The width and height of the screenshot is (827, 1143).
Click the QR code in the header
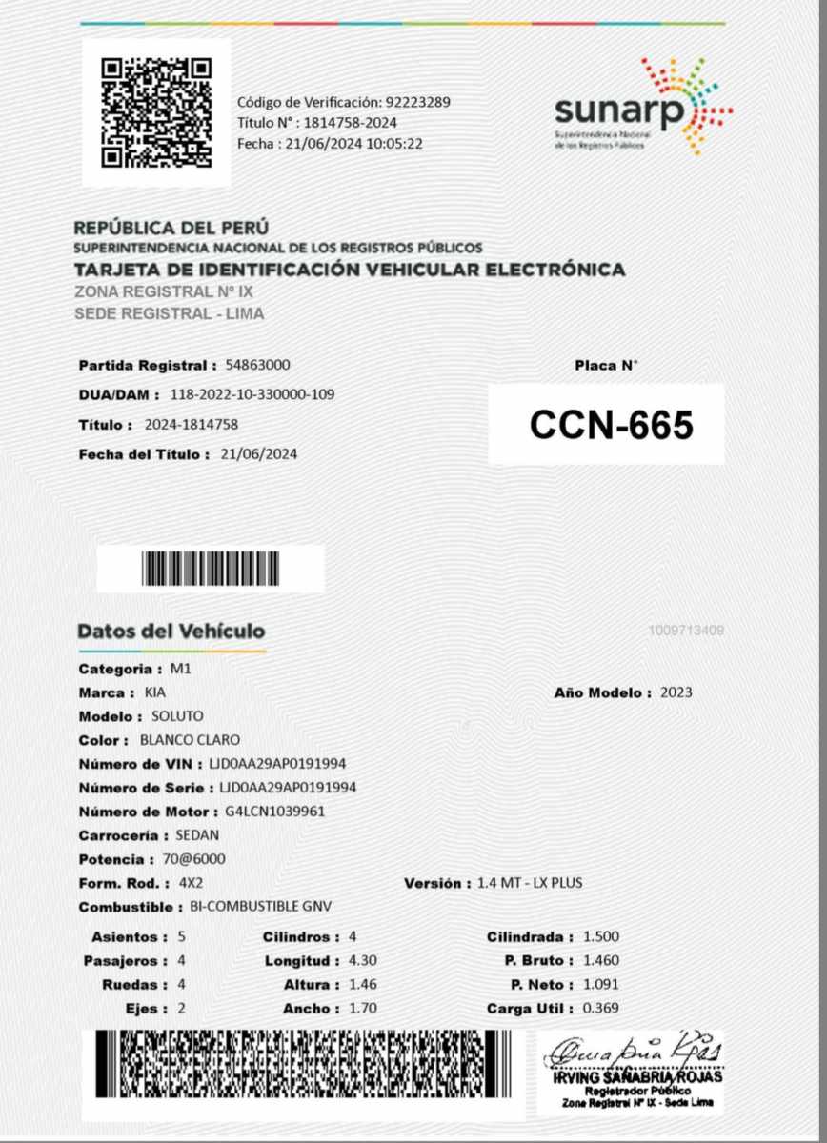point(156,112)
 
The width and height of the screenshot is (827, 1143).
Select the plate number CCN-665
point(611,426)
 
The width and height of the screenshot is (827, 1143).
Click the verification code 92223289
point(417,102)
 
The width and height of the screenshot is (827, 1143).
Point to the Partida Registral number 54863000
point(258,365)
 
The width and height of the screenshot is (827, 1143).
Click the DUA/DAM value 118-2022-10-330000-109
point(252,394)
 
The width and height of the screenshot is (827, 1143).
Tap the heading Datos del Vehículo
point(171,632)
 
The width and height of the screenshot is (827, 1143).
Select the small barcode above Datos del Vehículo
point(211,570)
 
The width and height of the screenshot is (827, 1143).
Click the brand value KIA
point(154,692)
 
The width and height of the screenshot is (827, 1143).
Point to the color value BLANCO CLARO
point(190,740)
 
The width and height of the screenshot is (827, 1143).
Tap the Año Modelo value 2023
point(676,692)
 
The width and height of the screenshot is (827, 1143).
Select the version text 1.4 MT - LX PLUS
point(531,884)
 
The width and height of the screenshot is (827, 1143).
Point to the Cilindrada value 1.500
point(601,937)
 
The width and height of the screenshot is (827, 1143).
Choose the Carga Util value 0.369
point(601,1009)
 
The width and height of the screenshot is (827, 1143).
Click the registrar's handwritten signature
point(631,1053)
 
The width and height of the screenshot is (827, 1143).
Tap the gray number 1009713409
point(685,631)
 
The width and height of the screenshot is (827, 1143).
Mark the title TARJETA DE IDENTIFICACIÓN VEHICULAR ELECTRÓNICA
point(350,270)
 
